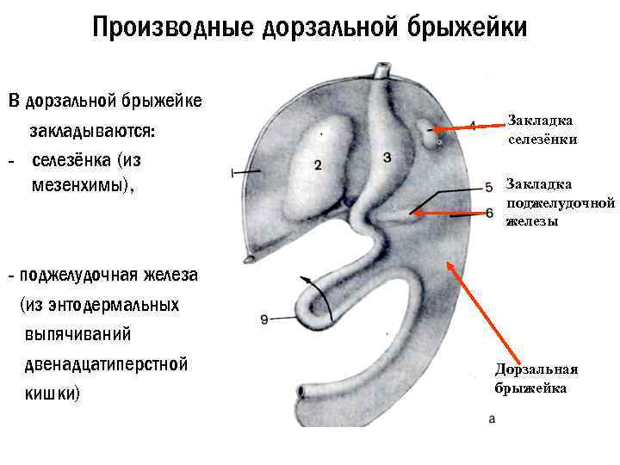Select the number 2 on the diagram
pyautogui.click(x=319, y=165)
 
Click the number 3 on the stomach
pyautogui.click(x=387, y=157)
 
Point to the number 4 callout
pyautogui.click(x=472, y=125)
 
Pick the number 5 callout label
pyautogui.click(x=488, y=186)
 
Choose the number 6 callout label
pyautogui.click(x=489, y=212)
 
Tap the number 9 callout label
pyautogui.click(x=264, y=319)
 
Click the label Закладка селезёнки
pyautogui.click(x=541, y=130)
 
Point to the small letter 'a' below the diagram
pyautogui.click(x=492, y=419)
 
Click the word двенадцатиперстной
pyautogui.click(x=107, y=363)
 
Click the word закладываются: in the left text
pyautogui.click(x=93, y=132)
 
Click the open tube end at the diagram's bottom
pyautogui.click(x=299, y=393)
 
